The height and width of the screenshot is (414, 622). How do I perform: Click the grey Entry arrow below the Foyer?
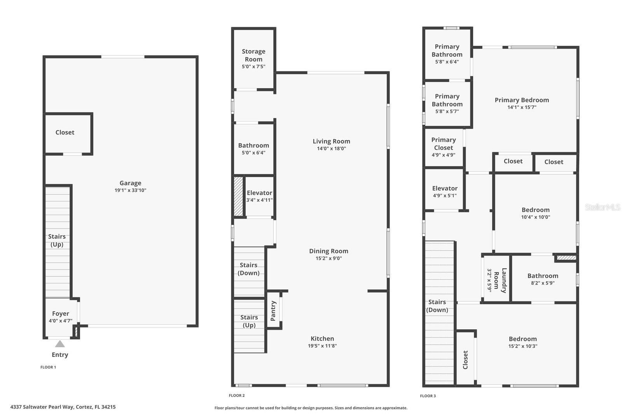point(60,344)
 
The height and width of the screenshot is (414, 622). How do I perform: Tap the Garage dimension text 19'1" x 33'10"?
point(130,190)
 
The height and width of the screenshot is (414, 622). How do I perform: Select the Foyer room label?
point(61,313)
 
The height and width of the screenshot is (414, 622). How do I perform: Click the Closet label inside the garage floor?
point(65,132)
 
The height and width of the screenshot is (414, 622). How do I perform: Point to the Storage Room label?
point(253,55)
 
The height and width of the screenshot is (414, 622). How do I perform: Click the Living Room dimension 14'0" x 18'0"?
point(331,148)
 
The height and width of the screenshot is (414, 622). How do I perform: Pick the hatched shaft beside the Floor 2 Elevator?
point(238,196)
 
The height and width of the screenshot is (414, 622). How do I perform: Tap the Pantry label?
point(273,311)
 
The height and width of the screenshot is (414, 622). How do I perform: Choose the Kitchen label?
point(322,339)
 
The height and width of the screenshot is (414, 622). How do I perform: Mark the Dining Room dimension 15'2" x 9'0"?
point(328,258)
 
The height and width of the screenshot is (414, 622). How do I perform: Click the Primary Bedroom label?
point(522,100)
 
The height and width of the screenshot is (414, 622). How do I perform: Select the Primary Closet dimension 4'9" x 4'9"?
point(444,155)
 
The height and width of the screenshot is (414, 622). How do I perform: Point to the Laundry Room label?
point(500,280)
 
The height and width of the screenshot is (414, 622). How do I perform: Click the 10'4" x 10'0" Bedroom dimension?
point(535,217)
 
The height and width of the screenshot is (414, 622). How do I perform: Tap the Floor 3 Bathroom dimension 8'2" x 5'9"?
point(543,283)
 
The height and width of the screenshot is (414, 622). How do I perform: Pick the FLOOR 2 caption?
point(237,395)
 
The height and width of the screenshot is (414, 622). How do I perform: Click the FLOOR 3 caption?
point(428,396)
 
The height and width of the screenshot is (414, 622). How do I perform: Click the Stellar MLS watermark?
point(603,207)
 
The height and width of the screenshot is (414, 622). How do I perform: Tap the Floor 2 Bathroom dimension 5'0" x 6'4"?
point(253,153)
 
